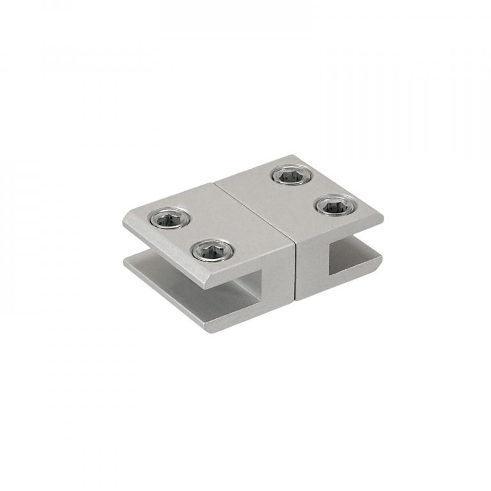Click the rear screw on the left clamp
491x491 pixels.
170,219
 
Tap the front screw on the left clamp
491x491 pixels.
212,250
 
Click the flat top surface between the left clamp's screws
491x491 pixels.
191,235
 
